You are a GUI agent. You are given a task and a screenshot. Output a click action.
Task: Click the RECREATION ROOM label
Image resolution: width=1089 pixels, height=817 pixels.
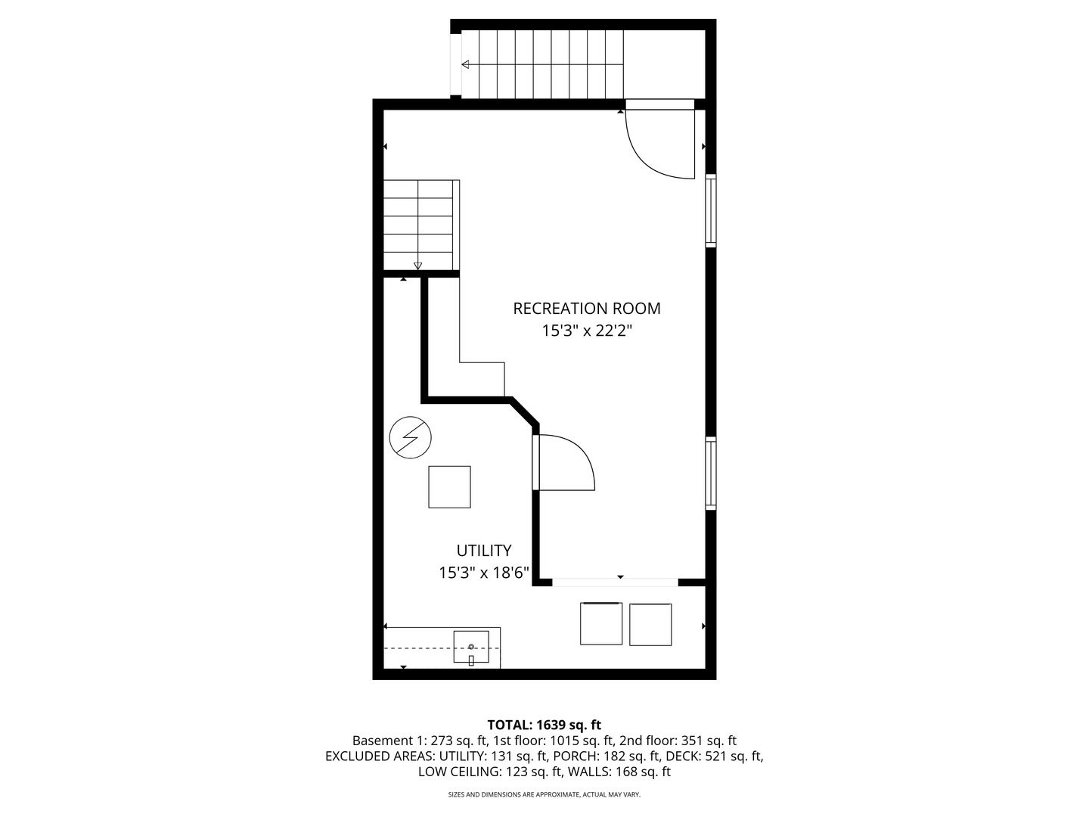point(586,309)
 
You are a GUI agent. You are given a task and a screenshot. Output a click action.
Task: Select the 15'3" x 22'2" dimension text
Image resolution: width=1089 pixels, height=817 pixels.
point(586,331)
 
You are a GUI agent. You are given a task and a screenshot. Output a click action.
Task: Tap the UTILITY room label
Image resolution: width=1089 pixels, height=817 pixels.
point(483,551)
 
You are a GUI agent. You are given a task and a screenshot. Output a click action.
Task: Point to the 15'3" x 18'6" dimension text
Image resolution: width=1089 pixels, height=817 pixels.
point(483,573)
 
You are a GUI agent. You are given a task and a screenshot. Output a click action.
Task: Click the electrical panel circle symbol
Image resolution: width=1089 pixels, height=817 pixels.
point(410,438)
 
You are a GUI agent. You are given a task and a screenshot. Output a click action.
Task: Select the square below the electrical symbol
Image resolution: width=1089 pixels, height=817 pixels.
point(449,486)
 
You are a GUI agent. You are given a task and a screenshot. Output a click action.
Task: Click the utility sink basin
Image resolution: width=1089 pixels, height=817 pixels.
point(470,647)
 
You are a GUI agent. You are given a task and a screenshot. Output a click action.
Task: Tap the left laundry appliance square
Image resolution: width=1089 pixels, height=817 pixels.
point(601,623)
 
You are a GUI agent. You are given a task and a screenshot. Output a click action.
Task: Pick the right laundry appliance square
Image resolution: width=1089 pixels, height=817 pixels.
point(650,624)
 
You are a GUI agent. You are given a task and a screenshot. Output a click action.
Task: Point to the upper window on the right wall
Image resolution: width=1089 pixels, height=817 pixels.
point(711,210)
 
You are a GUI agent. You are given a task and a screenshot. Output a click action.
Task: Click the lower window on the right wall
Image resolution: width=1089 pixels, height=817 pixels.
point(711,473)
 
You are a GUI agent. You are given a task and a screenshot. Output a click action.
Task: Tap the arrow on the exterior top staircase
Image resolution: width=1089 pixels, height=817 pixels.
point(465,64)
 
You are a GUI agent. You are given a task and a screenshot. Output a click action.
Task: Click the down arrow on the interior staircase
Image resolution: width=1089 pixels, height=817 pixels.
point(417,265)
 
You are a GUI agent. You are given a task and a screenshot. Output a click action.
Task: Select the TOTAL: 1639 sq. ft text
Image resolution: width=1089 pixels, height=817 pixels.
point(544,725)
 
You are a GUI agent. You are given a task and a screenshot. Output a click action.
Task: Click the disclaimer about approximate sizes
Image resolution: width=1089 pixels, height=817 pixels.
point(544,794)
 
